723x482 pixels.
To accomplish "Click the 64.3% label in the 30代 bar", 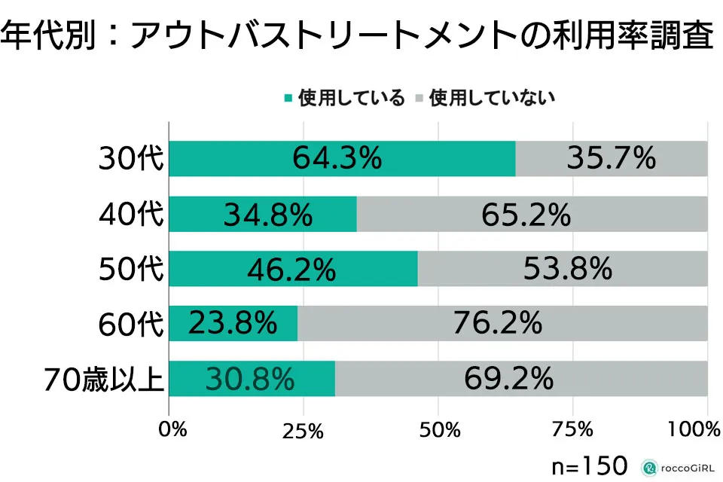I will tap(337, 159).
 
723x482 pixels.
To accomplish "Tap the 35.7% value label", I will tap(611, 159).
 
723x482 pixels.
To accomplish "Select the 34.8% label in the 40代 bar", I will tap(267, 215).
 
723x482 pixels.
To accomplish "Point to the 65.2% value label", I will tap(526, 215).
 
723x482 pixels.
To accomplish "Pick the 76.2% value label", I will tap(498, 323).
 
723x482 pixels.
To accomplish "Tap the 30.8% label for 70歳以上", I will tap(249, 379).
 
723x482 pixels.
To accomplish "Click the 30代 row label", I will tap(131, 160).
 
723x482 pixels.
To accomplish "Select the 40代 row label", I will tap(131, 215).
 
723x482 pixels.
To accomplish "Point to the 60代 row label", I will tap(131, 324).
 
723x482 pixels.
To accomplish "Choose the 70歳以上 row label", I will tap(103, 379).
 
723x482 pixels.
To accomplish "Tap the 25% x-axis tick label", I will tap(304, 431).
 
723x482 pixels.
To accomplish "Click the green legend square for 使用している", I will tap(288, 97).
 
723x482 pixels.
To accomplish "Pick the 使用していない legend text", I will tap(492, 98).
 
